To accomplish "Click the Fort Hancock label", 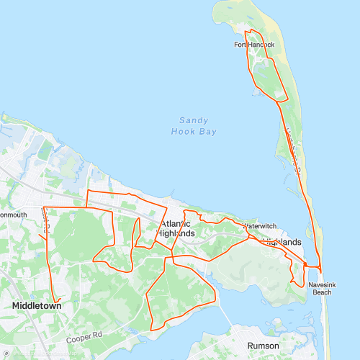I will (x=254, y=45).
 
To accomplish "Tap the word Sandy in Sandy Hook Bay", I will (x=193, y=121).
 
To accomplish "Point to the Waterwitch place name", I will (x=259, y=226).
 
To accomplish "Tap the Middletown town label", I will (x=36, y=306).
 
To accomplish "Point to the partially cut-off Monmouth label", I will (x=13, y=215).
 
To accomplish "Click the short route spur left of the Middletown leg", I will (x=40, y=234).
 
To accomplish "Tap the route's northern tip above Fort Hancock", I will (x=248, y=30).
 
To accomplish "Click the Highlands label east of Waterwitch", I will (x=282, y=243).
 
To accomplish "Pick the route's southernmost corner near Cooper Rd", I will (x=152, y=330).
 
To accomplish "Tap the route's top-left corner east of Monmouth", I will (x=44, y=207).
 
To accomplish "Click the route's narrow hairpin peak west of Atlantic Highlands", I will (x=138, y=218).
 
